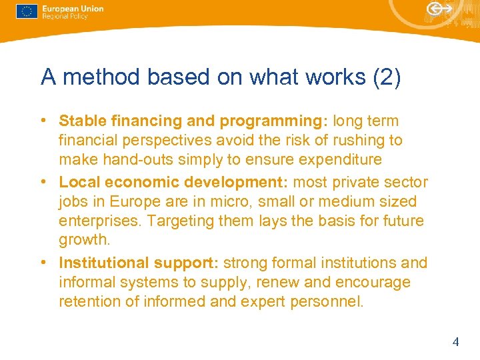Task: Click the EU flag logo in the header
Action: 26,11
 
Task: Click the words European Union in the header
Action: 73,9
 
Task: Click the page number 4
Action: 455,342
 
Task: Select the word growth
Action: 83,240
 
